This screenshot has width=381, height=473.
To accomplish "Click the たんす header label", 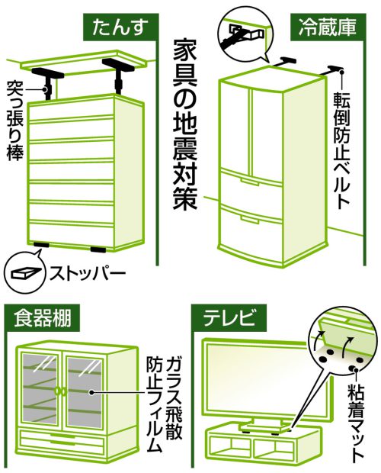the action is (120, 27).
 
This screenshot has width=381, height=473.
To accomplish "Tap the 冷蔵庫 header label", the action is (328, 27).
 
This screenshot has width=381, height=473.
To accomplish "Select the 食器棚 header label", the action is (43, 319).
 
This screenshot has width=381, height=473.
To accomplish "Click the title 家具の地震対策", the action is (184, 125).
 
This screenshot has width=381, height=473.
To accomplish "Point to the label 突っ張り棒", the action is (14, 120).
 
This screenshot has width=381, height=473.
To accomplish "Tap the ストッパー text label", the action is (88, 273).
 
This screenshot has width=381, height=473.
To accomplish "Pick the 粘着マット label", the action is (356, 421).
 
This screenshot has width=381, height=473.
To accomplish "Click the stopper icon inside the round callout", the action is (26, 272).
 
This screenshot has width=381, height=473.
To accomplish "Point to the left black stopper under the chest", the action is (41, 244).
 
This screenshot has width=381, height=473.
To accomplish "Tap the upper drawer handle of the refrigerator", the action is (249, 182).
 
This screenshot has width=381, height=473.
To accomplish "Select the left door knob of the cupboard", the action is (57, 391).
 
